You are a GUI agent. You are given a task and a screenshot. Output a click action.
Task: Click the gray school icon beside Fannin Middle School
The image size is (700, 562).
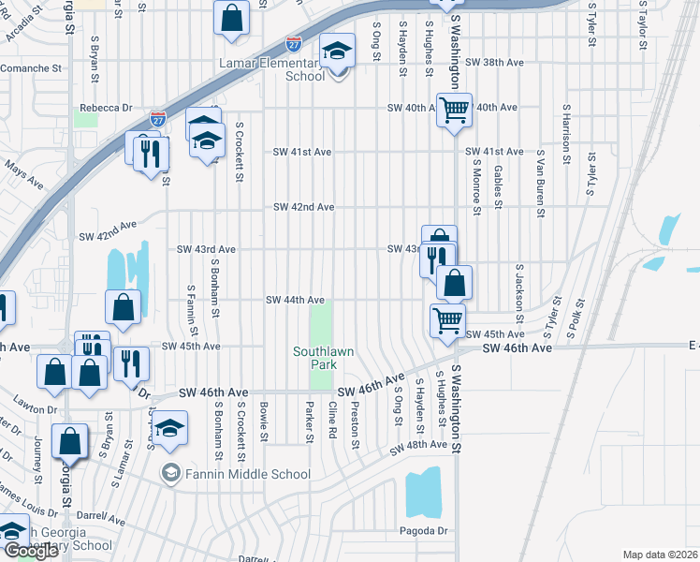pyautogui.click(x=169, y=473)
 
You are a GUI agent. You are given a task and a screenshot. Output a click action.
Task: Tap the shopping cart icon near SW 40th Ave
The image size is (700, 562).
pyautogui.click(x=454, y=110)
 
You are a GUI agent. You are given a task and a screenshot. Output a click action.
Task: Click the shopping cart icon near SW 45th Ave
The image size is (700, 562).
pyautogui.click(x=447, y=319)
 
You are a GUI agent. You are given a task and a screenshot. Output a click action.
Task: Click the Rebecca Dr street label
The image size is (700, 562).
pyautogui.click(x=103, y=108)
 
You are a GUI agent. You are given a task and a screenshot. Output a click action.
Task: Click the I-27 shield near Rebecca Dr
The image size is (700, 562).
pyautogui.click(x=159, y=120)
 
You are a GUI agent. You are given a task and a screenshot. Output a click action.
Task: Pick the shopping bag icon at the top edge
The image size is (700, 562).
pyautogui.click(x=231, y=16)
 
